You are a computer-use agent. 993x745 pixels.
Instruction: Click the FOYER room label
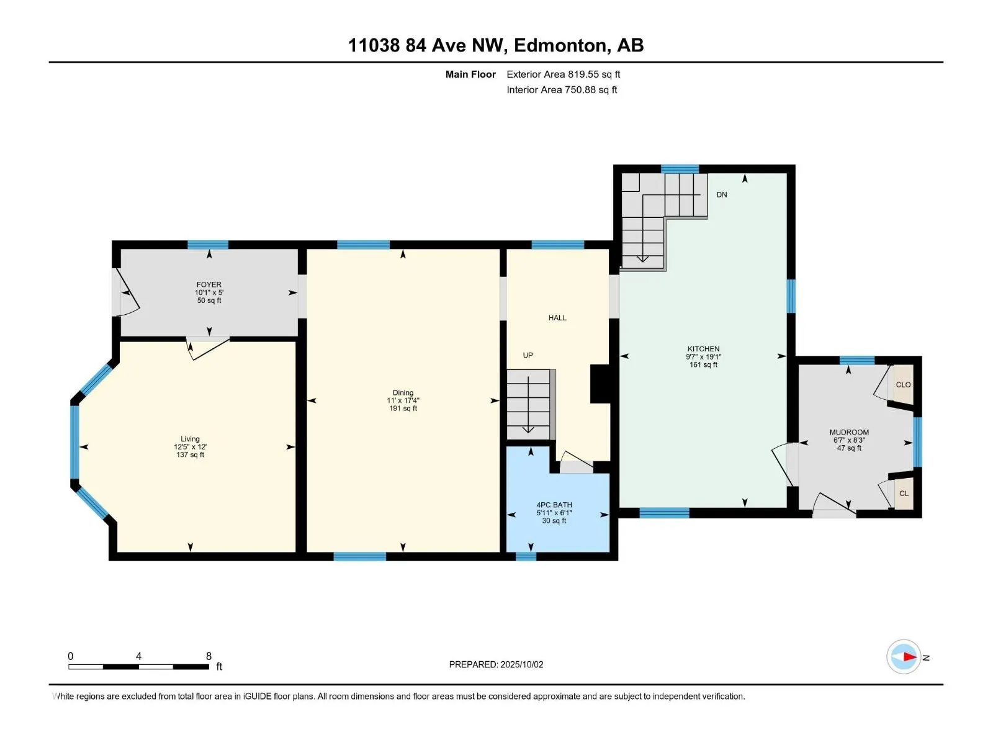pyautogui.click(x=209, y=284)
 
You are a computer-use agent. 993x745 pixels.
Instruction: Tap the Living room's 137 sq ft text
pyautogui.click(x=190, y=455)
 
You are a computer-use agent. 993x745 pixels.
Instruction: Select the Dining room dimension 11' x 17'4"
pyautogui.click(x=403, y=400)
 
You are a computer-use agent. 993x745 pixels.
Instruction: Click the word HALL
pyautogui.click(x=557, y=318)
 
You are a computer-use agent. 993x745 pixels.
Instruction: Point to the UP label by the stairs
pyautogui.click(x=528, y=355)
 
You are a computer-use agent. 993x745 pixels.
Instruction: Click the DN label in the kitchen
pyautogui.click(x=721, y=194)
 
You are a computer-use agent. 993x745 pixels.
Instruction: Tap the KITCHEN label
pyautogui.click(x=703, y=349)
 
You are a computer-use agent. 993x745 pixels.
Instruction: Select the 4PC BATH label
pyautogui.click(x=554, y=505)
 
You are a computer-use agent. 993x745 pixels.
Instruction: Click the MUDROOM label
pyautogui.click(x=849, y=432)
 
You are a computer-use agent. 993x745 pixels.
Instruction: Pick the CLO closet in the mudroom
pyautogui.click(x=903, y=385)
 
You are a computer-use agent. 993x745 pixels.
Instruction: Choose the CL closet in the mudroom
pyautogui.click(x=904, y=494)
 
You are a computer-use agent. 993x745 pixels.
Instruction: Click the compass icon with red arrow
pyautogui.click(x=904, y=657)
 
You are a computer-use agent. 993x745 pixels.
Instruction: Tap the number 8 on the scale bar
pyautogui.click(x=209, y=656)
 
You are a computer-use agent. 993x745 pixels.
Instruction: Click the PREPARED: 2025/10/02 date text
pyautogui.click(x=496, y=664)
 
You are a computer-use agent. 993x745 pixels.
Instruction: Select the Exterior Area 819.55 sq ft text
pyautogui.click(x=563, y=74)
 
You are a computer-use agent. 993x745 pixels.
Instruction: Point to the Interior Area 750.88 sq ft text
pyautogui.click(x=562, y=90)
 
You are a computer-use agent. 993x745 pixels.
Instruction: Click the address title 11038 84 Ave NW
pyautogui.click(x=496, y=45)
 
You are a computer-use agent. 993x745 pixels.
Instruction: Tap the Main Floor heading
pyautogui.click(x=470, y=74)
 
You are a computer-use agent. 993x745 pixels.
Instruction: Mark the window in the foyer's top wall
pyautogui.click(x=208, y=245)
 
